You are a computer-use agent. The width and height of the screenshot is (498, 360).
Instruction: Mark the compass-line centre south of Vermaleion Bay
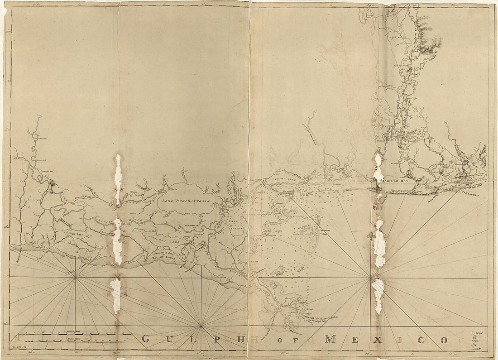75,278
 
